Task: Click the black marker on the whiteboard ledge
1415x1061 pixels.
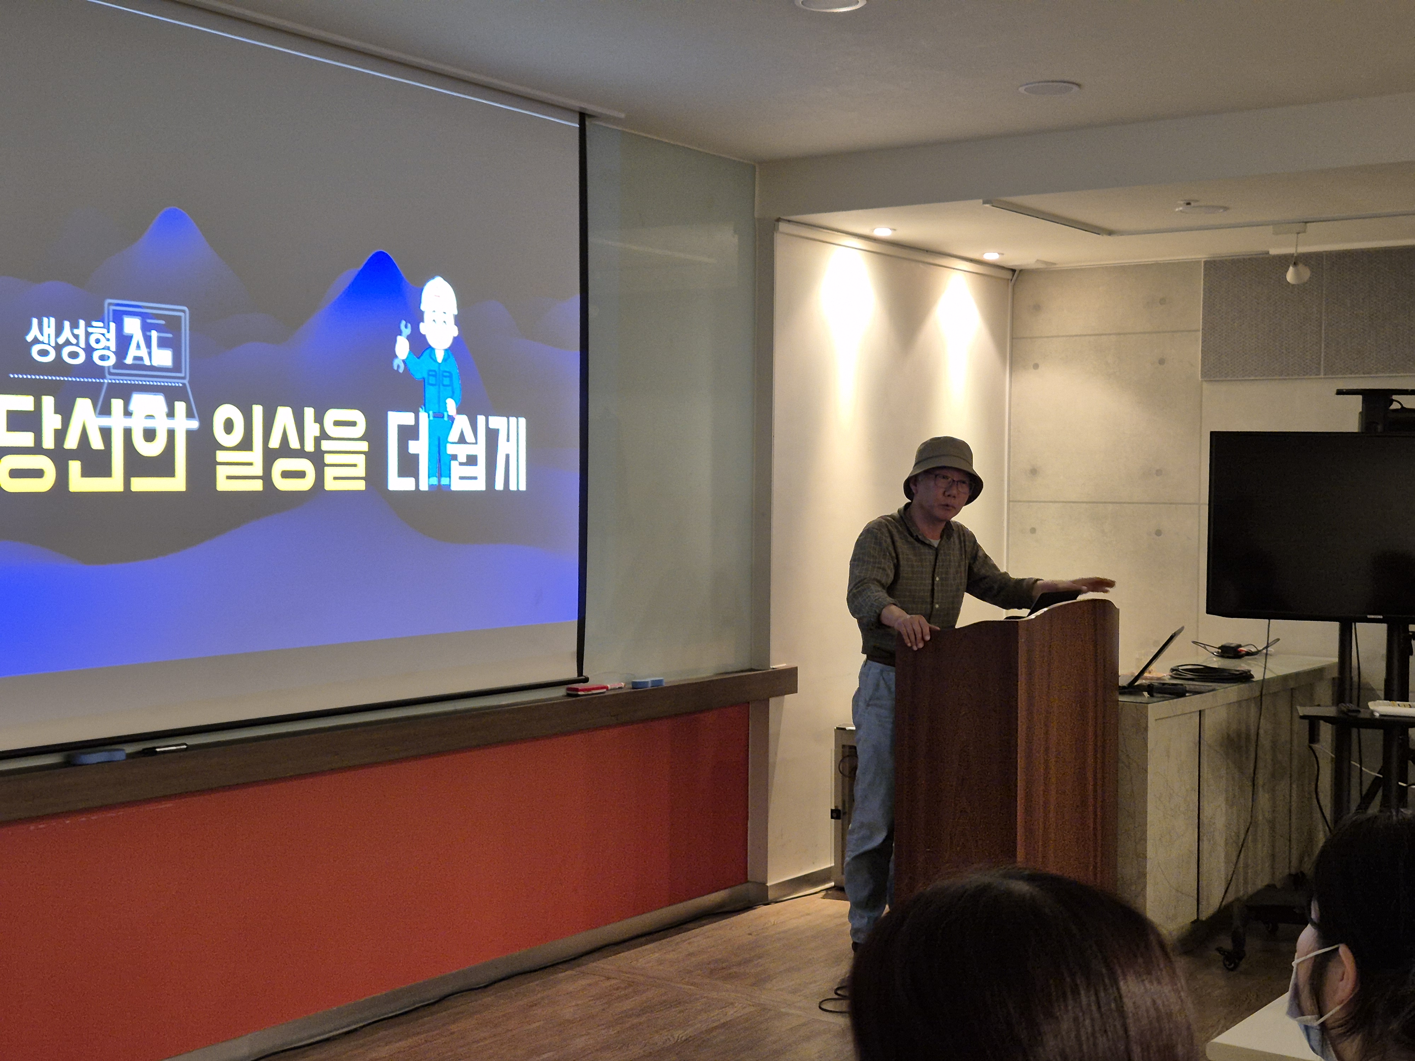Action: pos(164,747)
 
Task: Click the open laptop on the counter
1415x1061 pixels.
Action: pos(1151,659)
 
